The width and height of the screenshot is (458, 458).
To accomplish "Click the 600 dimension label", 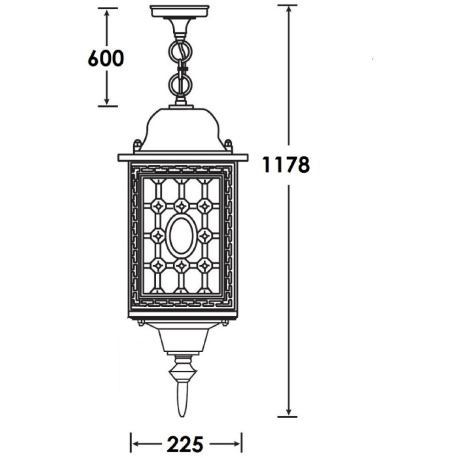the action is pyautogui.click(x=106, y=59).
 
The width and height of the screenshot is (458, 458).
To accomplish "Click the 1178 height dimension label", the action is pyautogui.click(x=286, y=165).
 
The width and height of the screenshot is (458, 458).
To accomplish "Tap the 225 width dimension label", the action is pyautogui.click(x=185, y=444).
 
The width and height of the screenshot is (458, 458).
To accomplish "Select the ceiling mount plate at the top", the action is pyautogui.click(x=180, y=11).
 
